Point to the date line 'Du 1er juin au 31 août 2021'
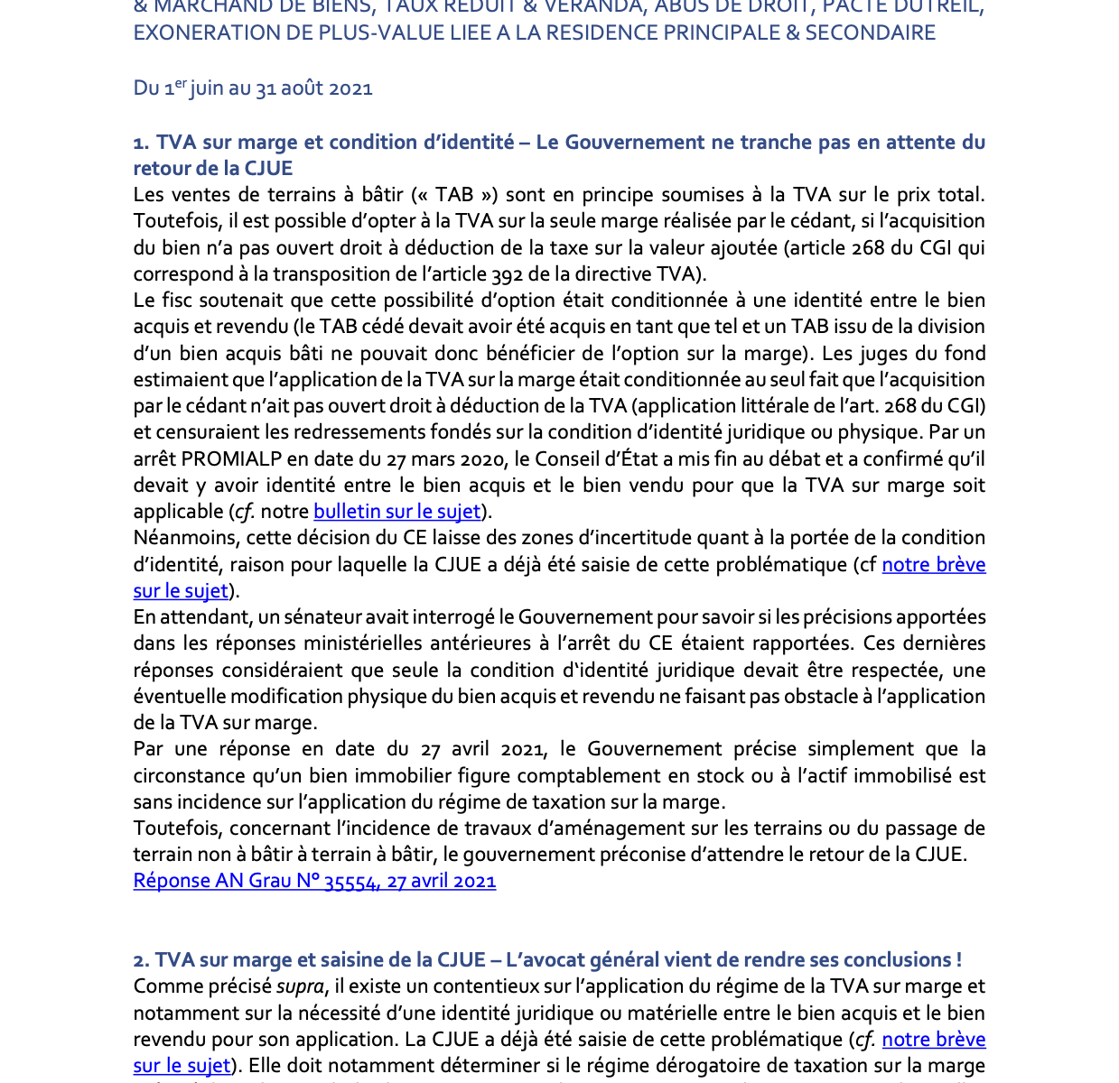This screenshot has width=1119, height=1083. (253, 88)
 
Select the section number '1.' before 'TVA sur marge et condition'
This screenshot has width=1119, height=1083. (141, 143)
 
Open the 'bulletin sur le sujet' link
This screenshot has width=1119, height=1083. (396, 512)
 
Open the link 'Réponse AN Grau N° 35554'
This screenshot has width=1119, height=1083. (314, 881)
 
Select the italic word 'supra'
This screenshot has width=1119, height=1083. (300, 986)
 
